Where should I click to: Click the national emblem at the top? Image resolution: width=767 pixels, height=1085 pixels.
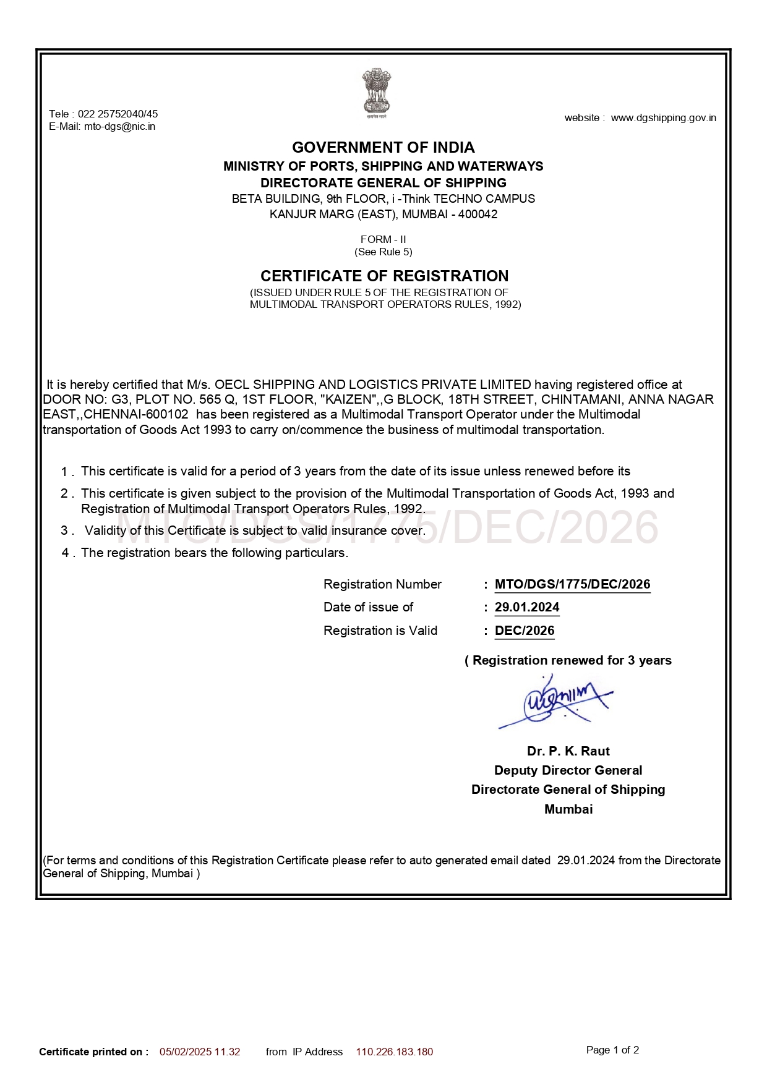[x=376, y=93]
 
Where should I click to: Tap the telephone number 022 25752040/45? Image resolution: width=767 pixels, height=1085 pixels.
[x=118, y=114]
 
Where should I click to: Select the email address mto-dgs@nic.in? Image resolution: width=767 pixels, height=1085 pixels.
[x=119, y=127]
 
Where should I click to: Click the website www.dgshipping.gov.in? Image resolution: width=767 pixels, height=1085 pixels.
[x=663, y=118]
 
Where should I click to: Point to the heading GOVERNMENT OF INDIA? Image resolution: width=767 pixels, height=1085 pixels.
[x=383, y=148]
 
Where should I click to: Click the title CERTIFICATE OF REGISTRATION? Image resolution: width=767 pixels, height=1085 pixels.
[x=384, y=276]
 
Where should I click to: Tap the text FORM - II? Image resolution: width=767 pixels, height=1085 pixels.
[x=383, y=239]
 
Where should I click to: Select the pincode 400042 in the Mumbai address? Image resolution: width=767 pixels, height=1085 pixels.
[x=478, y=215]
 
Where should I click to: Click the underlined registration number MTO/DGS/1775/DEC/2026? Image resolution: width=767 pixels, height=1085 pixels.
[x=572, y=584]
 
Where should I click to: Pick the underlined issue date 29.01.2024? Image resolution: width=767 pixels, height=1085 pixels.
[x=527, y=607]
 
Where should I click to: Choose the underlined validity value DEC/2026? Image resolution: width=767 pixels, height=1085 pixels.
[x=525, y=631]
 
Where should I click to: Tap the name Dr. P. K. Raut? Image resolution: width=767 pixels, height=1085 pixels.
[x=568, y=751]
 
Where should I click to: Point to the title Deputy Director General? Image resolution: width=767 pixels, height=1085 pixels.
[x=568, y=770]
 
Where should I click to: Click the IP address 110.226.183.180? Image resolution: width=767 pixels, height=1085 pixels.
[x=394, y=1052]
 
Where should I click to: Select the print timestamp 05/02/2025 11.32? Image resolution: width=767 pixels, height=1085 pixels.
[x=200, y=1052]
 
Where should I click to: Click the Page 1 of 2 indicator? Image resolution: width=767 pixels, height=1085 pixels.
[x=612, y=1050]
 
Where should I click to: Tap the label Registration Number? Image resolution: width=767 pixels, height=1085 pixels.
[x=382, y=584]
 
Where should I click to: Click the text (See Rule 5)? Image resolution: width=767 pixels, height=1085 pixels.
[x=383, y=252]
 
